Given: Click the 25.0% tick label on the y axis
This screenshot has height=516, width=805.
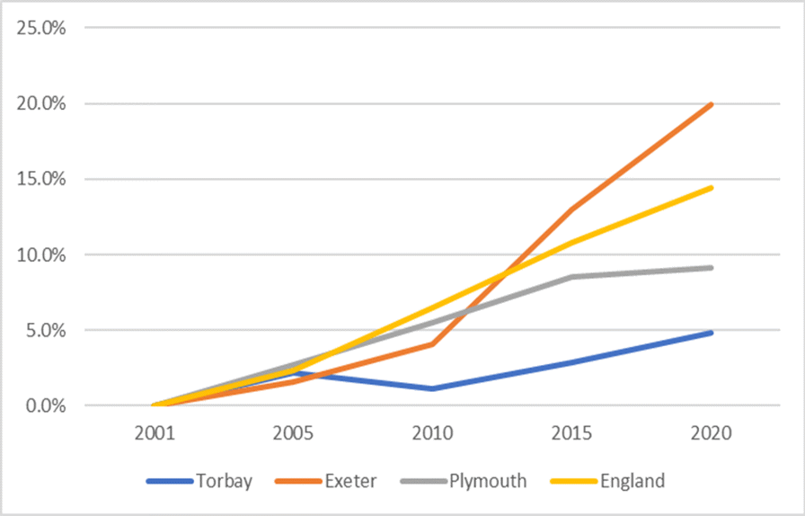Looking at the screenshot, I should [41, 28].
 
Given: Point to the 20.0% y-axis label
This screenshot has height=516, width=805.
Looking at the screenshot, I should [41, 103].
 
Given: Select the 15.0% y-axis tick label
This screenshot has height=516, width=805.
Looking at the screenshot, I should [41, 179].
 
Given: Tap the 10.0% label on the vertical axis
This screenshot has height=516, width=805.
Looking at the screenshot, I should [41, 254].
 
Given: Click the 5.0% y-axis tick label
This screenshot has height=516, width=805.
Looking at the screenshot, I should [45, 330].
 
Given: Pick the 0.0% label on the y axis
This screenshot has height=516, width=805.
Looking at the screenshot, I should [45, 405].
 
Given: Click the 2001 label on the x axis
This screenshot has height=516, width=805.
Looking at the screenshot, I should [155, 433].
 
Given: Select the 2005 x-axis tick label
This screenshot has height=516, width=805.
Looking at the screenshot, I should [294, 433].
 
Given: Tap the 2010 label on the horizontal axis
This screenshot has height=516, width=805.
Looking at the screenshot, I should [433, 433].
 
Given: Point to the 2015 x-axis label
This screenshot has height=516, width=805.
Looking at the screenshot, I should [572, 433].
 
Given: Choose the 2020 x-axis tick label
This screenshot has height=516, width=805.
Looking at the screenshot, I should [712, 433].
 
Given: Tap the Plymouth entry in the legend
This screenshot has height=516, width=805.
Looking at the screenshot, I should [484, 481].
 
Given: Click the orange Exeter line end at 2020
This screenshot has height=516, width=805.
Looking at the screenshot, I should [712, 104].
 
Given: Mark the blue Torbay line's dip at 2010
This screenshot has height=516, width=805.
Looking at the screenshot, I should [433, 388].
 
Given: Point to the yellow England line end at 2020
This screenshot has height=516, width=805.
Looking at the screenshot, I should [712, 188].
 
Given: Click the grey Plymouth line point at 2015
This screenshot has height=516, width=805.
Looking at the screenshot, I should [572, 277].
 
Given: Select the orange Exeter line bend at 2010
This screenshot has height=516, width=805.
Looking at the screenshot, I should [433, 344].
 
